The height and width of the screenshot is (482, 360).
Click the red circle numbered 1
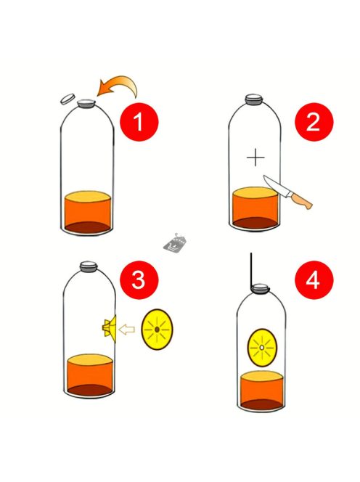139,122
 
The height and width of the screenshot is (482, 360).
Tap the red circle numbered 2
314,122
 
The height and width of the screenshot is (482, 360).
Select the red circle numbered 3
139,280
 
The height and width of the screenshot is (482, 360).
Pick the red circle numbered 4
314,280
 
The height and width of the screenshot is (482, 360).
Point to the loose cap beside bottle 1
67,99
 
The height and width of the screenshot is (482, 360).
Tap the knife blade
275,185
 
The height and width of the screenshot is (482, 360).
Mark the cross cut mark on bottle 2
255,158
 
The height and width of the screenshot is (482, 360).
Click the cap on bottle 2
253,99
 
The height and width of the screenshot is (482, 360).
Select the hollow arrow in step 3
127,330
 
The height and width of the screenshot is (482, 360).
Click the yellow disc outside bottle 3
157,330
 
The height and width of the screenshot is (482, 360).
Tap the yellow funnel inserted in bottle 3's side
110,328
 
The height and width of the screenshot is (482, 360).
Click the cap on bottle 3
89,266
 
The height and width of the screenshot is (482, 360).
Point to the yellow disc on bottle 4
262,348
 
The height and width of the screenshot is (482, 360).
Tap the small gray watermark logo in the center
175,243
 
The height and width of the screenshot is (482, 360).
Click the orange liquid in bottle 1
87,212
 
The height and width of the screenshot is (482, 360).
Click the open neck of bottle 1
86,104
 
